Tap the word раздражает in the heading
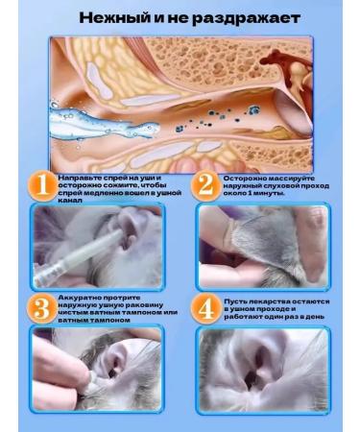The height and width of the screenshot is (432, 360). tap(247, 19)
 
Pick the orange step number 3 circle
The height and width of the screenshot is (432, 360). tap(41, 309)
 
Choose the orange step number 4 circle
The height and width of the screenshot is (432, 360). tap(206, 309)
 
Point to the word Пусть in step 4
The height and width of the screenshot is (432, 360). tap(234, 301)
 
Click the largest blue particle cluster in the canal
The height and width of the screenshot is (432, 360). tap(253, 110)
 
